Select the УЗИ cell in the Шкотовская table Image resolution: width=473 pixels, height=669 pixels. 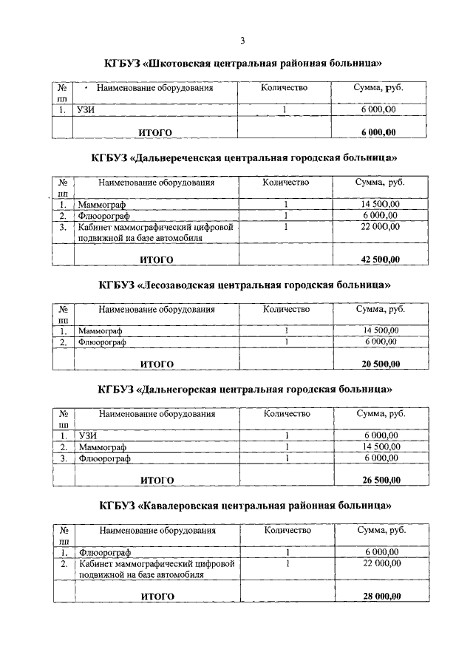87,110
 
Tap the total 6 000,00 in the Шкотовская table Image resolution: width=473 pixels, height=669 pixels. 378,132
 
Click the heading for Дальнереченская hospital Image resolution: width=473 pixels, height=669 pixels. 244,157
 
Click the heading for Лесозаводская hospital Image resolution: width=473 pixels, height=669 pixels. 245,285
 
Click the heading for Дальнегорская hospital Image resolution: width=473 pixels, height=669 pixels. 245,389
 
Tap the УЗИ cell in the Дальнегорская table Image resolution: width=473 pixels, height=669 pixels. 88,435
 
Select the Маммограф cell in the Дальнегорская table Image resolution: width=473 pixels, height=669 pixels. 103,447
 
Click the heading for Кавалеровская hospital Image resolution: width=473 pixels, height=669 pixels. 245,506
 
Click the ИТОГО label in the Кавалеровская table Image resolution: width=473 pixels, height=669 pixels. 157,597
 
